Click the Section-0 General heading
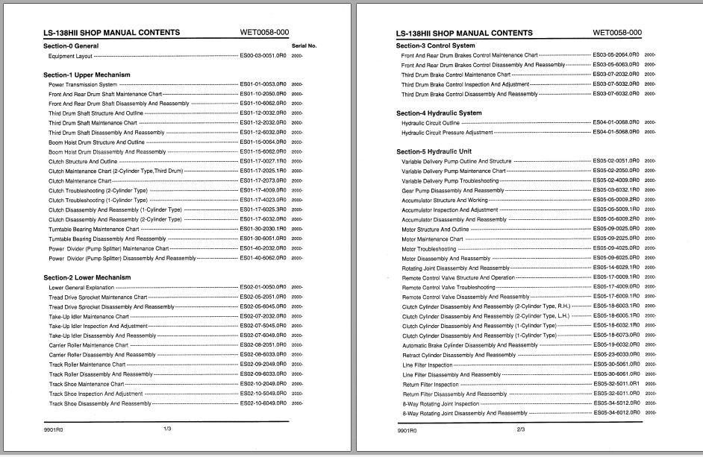pos(71,46)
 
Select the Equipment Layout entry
pos(71,56)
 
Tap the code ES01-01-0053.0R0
pos(263,84)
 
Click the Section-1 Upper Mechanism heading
pos(87,75)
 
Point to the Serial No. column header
pos(304,46)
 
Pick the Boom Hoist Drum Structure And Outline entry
pos(97,142)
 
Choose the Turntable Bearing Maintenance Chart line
pos(93,230)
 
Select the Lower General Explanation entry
pos(81,287)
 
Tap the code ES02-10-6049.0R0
pos(263,403)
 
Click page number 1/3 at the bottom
pos(167,429)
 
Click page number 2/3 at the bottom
pos(520,429)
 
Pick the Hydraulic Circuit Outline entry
pos(431,123)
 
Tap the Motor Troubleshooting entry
pos(428,249)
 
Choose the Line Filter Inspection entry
pos(427,365)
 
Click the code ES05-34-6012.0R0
pos(616,413)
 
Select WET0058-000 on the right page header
pos(617,33)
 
